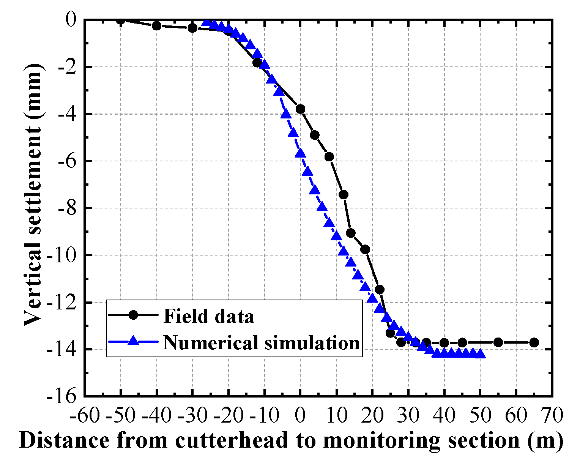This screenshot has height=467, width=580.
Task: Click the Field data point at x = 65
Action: click(534, 342)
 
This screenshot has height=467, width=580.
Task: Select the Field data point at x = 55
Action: click(498, 342)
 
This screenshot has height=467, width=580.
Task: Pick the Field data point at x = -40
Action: click(156, 26)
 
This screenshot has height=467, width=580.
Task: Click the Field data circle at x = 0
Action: click(300, 109)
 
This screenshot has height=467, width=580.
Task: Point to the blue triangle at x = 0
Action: click(300, 153)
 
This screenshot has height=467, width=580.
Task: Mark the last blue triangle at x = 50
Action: click(480, 353)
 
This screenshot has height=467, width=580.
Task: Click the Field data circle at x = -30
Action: click(192, 28)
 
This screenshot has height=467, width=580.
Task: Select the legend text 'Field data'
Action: click(208, 316)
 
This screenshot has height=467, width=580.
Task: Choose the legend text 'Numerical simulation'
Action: click(261, 342)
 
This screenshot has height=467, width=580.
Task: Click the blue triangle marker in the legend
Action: click(133, 341)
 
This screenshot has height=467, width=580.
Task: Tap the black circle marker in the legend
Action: click(133, 315)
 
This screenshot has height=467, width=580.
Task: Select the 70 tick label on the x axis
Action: click(552, 416)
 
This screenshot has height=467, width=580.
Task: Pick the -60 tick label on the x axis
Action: click(85, 416)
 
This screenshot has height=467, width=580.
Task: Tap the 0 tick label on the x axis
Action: click(300, 416)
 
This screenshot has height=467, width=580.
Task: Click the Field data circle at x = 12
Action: click(344, 195)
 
